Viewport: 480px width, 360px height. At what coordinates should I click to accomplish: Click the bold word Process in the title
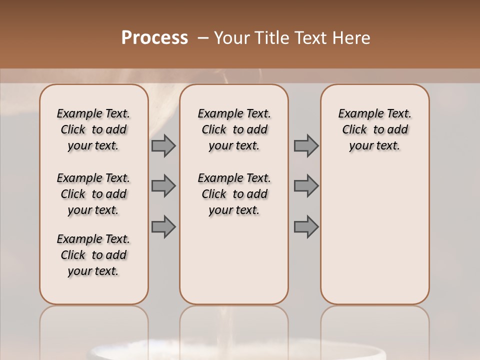pos(154,38)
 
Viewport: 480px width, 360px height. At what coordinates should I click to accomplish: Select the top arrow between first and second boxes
pos(163,146)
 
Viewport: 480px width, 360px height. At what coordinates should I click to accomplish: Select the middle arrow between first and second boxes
pos(163,186)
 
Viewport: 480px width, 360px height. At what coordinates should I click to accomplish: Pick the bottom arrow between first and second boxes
pos(163,226)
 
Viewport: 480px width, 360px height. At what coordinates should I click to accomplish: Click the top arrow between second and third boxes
pos(306,146)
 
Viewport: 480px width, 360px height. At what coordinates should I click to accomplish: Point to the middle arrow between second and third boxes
pos(306,186)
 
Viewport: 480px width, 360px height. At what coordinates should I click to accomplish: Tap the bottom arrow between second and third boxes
pos(306,226)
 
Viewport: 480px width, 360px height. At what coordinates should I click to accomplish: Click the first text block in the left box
pos(93,129)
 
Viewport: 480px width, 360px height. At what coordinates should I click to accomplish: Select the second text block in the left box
pos(93,194)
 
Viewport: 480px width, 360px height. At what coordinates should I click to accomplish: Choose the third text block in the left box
pos(93,255)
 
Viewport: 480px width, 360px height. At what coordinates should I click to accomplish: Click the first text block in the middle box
pos(234,129)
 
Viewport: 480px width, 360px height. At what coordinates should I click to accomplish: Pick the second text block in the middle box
pos(234,194)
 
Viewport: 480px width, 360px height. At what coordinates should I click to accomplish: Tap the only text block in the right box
pos(374,129)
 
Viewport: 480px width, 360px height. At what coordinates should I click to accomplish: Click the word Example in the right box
pos(356,114)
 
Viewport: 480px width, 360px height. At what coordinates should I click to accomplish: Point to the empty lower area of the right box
pos(374,235)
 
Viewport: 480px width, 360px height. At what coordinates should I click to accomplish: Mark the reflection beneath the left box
pos(94,325)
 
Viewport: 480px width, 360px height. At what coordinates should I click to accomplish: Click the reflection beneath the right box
pos(374,325)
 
